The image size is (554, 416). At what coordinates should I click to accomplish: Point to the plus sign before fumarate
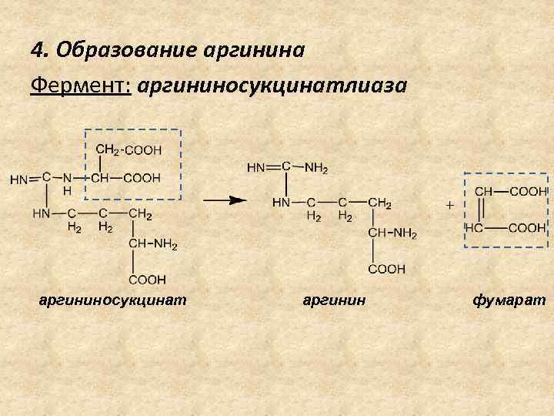(x=449, y=205)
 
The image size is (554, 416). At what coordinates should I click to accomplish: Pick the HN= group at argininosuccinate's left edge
(x=25, y=179)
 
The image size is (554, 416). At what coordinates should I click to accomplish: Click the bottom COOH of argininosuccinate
(x=148, y=279)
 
